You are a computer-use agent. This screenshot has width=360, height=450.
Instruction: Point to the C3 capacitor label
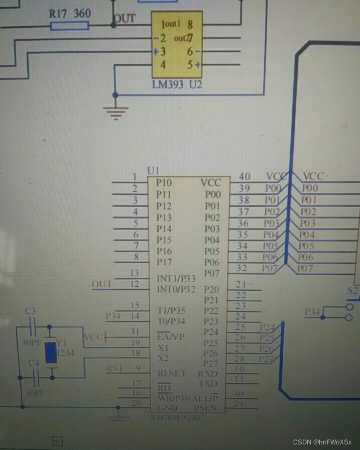click(31, 311)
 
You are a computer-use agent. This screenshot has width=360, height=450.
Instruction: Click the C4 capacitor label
click(34, 363)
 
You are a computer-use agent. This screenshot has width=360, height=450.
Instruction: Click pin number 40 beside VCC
click(245, 176)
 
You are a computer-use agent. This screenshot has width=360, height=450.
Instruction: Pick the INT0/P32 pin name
click(176, 289)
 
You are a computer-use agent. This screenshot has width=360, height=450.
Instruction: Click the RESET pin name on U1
click(172, 374)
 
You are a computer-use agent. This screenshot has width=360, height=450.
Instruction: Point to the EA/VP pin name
click(170, 336)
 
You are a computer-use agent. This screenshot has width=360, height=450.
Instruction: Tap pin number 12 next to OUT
click(134, 284)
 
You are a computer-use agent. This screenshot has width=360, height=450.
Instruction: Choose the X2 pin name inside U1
click(163, 359)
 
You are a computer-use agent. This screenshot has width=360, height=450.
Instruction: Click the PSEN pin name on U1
click(206, 408)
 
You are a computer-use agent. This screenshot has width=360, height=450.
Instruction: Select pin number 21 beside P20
click(241, 284)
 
